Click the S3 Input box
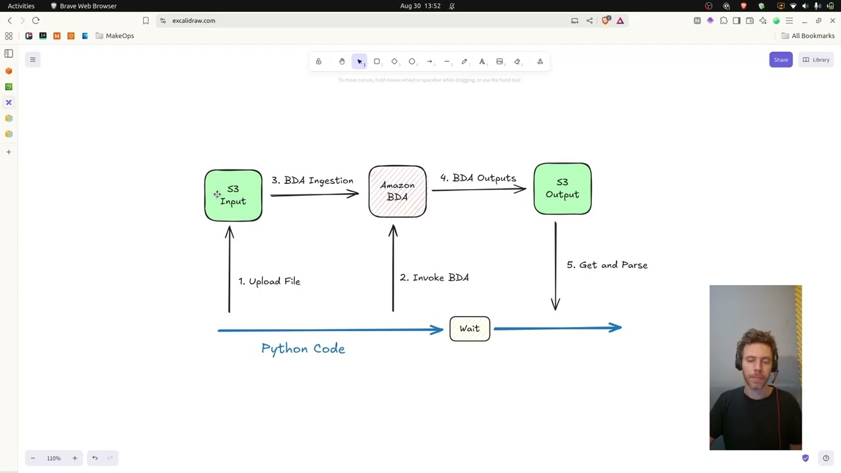click(x=233, y=195)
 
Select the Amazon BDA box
click(x=398, y=191)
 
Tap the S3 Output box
click(x=562, y=189)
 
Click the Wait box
click(x=470, y=328)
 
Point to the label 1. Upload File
click(x=269, y=281)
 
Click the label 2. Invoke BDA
click(x=434, y=278)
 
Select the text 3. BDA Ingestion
click(x=312, y=181)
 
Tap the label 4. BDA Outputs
click(x=478, y=178)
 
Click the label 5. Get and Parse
click(x=607, y=265)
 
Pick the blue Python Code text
click(x=303, y=349)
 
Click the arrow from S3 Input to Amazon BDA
click(x=314, y=194)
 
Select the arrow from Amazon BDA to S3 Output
click(x=478, y=190)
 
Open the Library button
click(x=815, y=60)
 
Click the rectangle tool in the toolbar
click(x=377, y=62)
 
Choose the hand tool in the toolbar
click(x=342, y=62)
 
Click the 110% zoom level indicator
click(x=54, y=459)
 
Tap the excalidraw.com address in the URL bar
click(x=194, y=20)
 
